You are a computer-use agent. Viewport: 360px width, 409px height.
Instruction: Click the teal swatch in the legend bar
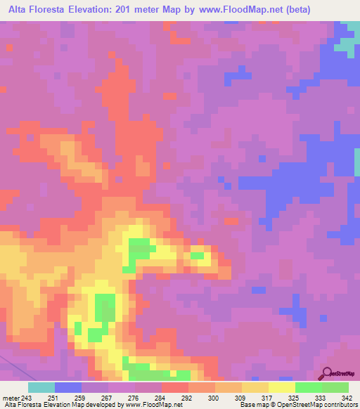[x=41, y=388]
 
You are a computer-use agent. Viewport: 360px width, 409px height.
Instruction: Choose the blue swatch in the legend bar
[x=68, y=388]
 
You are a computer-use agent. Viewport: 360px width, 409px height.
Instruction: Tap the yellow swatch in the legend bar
[x=282, y=388]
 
